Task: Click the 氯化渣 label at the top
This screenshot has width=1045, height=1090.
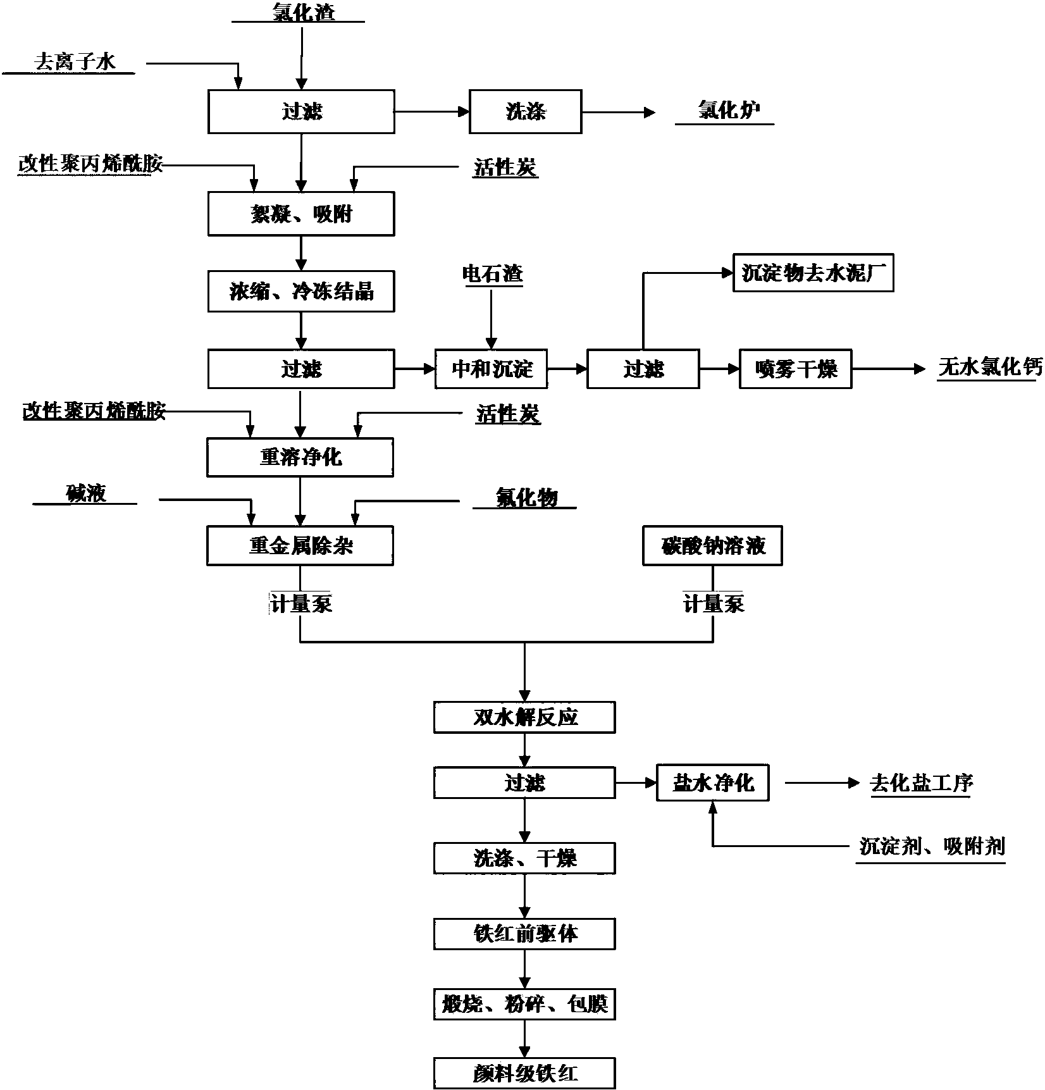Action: coord(302,11)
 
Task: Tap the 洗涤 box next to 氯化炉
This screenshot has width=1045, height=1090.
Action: coord(525,112)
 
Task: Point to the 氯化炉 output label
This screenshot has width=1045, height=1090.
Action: coord(728,111)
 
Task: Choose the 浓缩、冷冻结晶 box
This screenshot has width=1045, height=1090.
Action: coord(301,292)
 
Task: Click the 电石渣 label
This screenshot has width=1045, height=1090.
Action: coord(493,274)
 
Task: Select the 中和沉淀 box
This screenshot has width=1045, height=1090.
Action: coord(492,369)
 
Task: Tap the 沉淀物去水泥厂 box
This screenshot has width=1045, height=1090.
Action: coord(813,273)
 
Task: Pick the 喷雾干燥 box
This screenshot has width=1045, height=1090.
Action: coord(795,369)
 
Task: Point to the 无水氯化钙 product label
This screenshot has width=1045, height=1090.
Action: coord(989,367)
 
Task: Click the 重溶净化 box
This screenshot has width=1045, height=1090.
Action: coord(300,457)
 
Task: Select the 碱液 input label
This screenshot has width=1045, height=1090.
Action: coord(86,493)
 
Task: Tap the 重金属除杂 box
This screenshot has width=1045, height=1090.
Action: coord(300,546)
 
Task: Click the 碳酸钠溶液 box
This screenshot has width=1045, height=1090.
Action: coord(712,545)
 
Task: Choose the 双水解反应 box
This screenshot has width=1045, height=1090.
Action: coord(524,717)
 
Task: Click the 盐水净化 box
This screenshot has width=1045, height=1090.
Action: coord(713,784)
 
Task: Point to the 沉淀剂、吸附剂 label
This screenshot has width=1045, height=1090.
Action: coord(932,846)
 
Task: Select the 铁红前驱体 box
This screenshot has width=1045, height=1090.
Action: coord(524,934)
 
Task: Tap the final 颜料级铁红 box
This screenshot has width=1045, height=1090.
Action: coord(524,1073)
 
